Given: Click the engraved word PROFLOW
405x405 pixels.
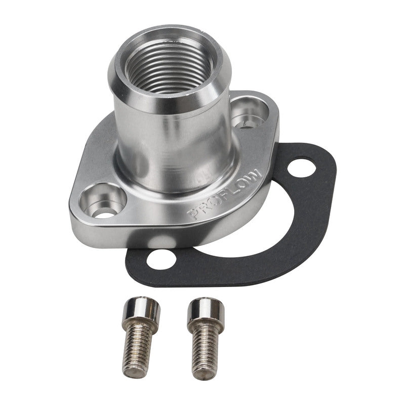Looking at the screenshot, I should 226,195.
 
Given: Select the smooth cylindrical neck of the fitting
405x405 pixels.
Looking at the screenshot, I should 172,137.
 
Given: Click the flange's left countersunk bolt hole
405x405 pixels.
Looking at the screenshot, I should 103,200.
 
